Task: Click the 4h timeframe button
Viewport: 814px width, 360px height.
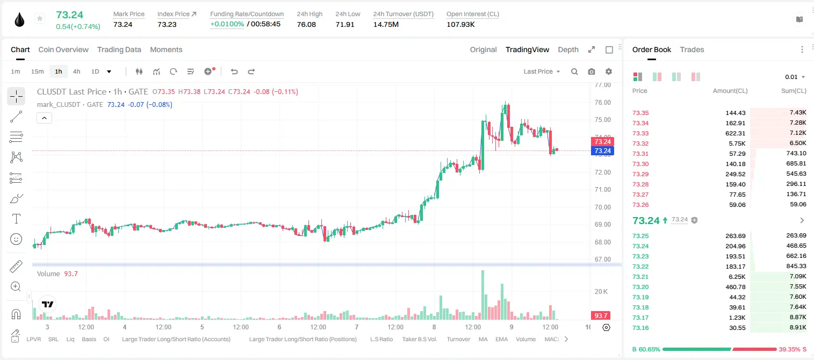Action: [x=76, y=71]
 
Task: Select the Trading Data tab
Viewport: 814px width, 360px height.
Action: [x=119, y=49]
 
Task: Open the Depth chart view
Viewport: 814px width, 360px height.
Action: [x=568, y=49]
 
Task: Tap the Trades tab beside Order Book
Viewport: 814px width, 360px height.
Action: [x=691, y=49]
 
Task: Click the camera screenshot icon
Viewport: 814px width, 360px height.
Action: [x=592, y=71]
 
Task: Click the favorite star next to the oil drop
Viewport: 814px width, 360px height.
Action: [x=40, y=18]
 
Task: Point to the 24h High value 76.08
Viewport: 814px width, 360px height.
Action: [x=306, y=24]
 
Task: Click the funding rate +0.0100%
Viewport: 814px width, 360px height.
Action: [x=227, y=24]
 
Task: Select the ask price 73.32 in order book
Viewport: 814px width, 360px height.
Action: [x=640, y=143]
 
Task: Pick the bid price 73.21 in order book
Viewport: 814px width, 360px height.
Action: [x=640, y=277]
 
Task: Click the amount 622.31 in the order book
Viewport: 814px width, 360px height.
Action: [x=735, y=133]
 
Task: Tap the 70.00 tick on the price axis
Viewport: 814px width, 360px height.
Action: [x=602, y=207]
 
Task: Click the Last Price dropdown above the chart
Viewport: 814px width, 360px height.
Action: [x=542, y=71]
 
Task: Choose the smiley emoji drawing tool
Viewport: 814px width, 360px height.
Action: [x=16, y=239]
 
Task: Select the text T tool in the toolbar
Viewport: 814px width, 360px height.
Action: [x=16, y=219]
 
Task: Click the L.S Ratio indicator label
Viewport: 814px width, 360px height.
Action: [x=381, y=339]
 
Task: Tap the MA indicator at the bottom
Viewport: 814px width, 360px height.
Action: [x=483, y=339]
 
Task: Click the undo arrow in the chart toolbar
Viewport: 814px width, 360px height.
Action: [x=234, y=71]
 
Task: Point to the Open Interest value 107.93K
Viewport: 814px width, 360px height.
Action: [x=460, y=24]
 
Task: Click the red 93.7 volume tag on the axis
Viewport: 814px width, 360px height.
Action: [x=601, y=316]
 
